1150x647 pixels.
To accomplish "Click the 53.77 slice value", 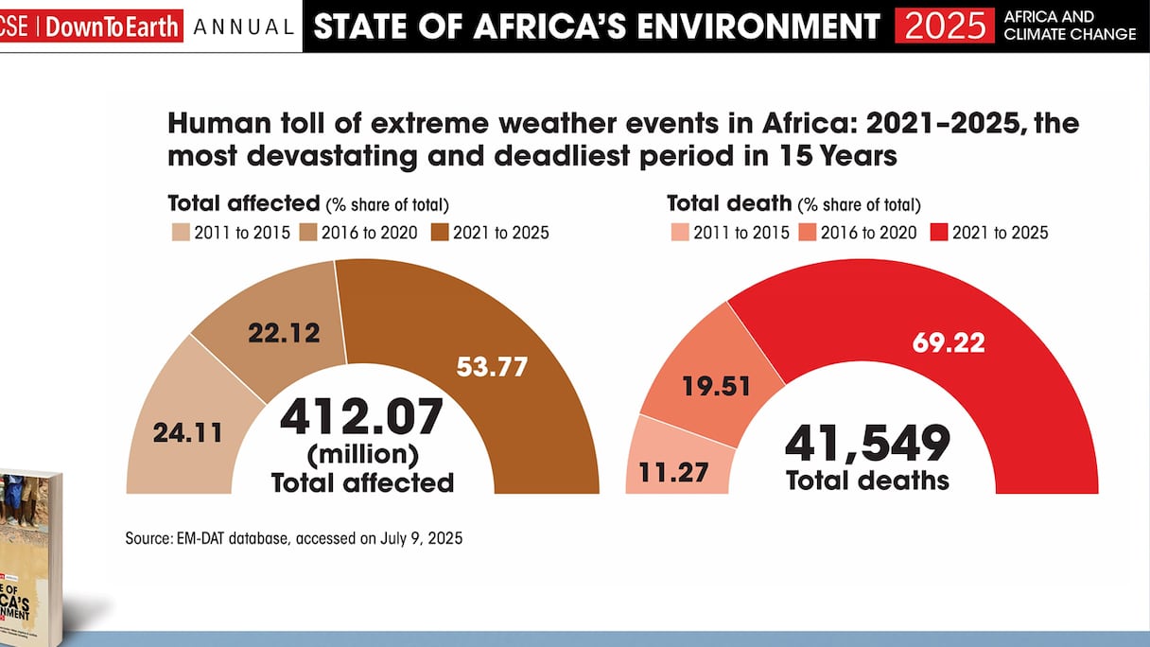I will click(491, 366).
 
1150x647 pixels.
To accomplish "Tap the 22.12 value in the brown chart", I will click(284, 333).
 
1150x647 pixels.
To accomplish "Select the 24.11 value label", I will click(187, 432).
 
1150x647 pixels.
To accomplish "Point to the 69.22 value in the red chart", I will click(949, 341).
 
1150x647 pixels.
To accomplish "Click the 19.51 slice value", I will click(716, 386).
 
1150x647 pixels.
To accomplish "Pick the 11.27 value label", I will click(674, 471).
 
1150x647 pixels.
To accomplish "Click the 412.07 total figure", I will click(361, 418).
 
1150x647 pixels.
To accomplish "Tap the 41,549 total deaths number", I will click(867, 443).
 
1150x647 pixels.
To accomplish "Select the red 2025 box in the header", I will click(944, 26).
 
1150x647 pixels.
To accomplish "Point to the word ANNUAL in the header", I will click(243, 27).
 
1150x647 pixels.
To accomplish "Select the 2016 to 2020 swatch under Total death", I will click(809, 232).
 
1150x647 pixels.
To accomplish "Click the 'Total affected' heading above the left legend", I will click(243, 203).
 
